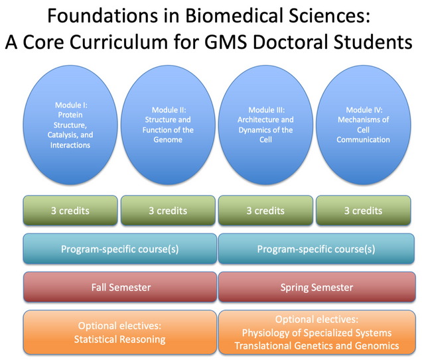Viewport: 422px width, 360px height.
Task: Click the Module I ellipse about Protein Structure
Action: (70, 125)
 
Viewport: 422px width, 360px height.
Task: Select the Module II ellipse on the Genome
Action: (168, 125)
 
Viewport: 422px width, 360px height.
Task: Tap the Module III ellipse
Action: (265, 125)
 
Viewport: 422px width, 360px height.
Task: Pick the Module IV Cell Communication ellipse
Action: (364, 125)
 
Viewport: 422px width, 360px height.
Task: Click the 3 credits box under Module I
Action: (70, 211)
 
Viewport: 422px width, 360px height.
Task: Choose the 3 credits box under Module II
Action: (168, 211)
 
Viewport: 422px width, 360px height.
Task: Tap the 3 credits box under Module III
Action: (265, 211)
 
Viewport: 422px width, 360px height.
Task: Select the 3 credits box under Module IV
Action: (364, 211)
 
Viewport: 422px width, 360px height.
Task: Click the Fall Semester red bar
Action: (120, 287)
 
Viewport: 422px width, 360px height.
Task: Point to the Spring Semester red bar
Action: (316, 287)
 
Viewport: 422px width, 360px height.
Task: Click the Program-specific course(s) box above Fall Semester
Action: (120, 249)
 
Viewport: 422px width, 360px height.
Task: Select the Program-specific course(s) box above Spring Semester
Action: (316, 249)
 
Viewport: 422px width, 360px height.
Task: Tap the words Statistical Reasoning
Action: (119, 339)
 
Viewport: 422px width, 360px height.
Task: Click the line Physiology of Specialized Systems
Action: (316, 333)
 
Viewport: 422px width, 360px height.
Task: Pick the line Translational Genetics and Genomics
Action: (316, 345)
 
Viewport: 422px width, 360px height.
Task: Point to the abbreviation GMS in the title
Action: (226, 42)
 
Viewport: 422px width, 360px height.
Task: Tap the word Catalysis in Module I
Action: (61, 135)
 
